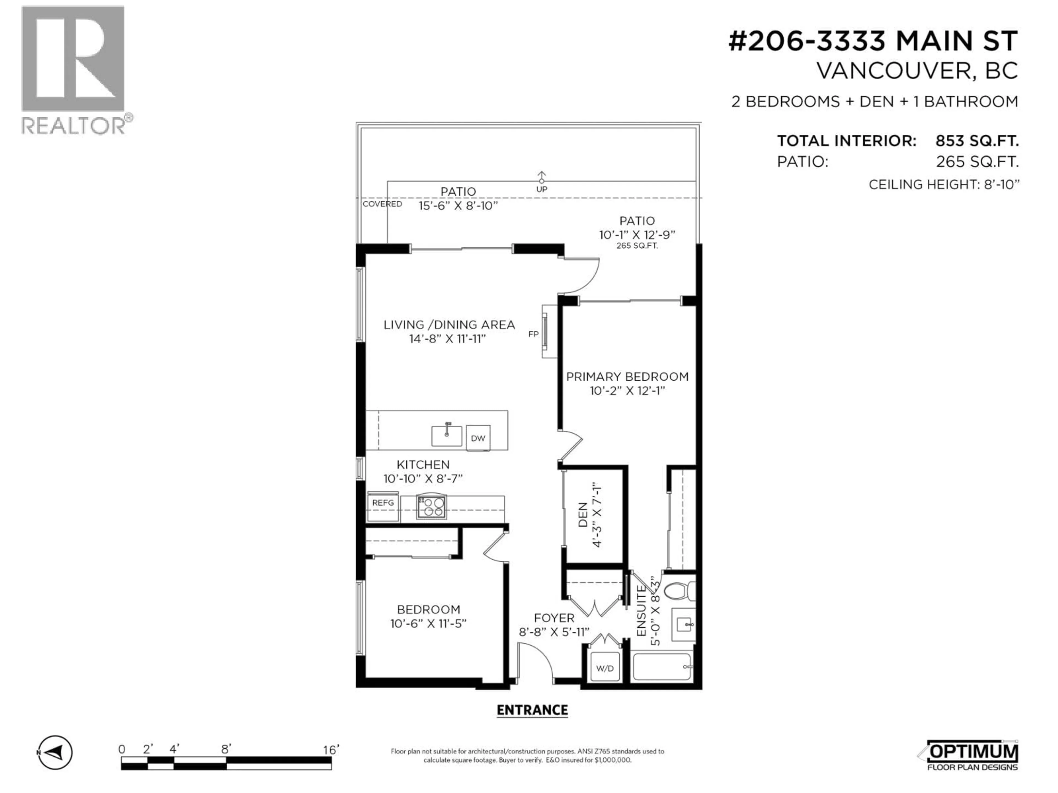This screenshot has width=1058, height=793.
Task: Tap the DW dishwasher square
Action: pos(478,438)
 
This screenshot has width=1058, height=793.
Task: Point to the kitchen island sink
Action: pos(447,435)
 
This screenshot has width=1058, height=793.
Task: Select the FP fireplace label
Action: pos(533,334)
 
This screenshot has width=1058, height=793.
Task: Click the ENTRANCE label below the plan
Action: pos(532,710)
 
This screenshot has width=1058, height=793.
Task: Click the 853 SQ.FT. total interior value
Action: pos(977,141)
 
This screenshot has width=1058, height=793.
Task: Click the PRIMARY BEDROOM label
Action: pos(627,377)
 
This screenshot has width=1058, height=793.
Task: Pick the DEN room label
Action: pos(582,515)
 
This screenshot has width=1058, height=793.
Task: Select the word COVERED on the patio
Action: pos(382,204)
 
